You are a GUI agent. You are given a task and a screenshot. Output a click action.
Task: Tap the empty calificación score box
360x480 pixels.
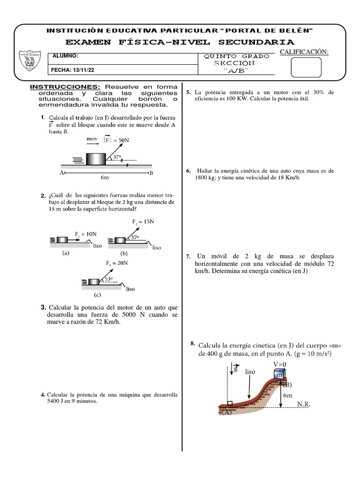point(306,67)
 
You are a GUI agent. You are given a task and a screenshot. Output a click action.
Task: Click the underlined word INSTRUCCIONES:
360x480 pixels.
point(65,87)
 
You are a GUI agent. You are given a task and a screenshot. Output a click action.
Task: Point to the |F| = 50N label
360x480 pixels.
point(117,140)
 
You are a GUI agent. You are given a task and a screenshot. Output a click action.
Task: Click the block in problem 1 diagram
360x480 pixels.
point(97,158)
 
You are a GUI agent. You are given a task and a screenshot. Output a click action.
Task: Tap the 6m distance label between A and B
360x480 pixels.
point(105,178)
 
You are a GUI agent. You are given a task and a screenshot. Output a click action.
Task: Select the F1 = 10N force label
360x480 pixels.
point(86,233)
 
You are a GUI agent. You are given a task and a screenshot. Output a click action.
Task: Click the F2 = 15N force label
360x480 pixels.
point(143,221)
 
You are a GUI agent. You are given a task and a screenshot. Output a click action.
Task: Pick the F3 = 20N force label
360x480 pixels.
point(117,263)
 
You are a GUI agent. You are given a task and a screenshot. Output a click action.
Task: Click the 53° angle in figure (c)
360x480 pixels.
point(109,279)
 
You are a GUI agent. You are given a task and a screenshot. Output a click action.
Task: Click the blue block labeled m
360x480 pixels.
point(280,375)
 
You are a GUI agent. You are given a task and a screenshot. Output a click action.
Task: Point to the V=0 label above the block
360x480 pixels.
point(280,363)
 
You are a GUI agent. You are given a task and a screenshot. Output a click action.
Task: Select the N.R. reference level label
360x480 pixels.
point(304,403)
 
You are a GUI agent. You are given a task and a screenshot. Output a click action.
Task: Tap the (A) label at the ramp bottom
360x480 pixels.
point(227,413)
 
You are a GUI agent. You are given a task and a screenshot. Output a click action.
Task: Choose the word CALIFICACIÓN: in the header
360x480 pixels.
point(304,51)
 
